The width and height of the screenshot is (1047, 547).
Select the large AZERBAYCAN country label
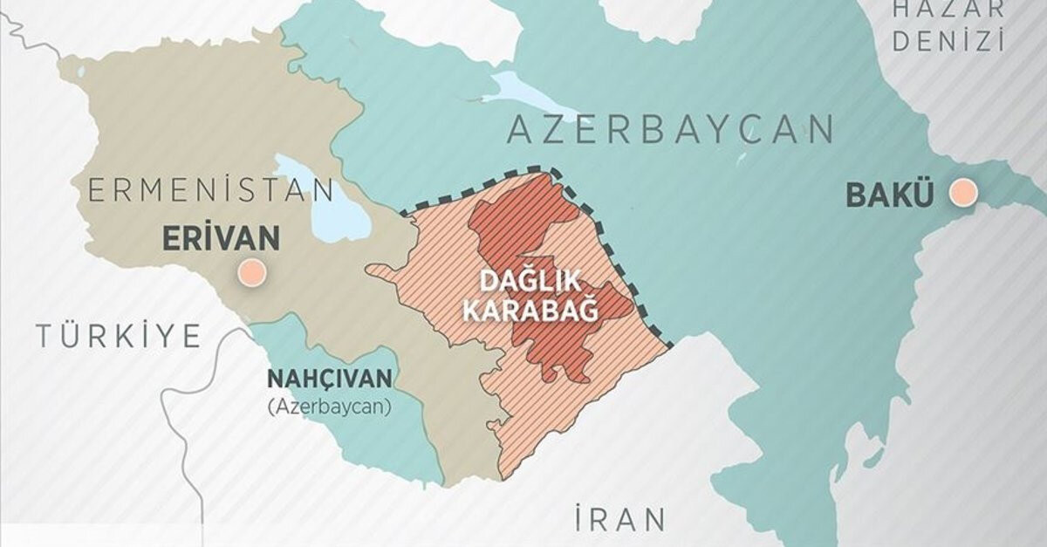click(x=670, y=130)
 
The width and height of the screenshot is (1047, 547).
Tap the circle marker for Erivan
click(x=252, y=273)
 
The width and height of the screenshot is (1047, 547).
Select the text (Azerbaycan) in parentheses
click(x=330, y=406)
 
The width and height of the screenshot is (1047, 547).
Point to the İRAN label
click(x=619, y=519)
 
